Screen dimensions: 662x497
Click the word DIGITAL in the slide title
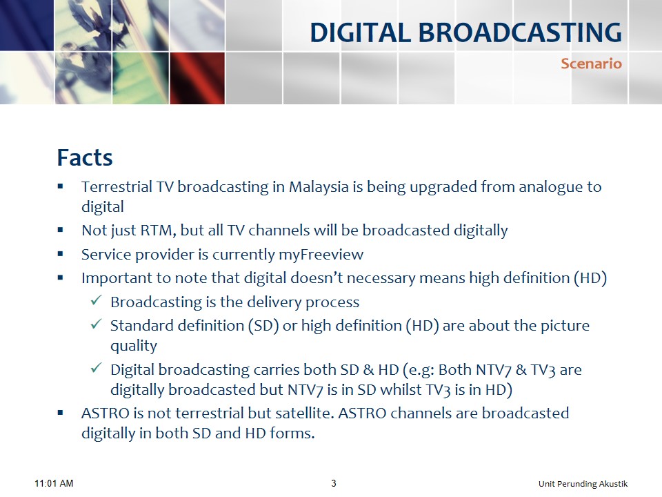click(x=360, y=32)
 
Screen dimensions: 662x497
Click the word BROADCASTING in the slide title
click(x=520, y=32)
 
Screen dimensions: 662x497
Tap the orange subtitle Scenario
click(x=591, y=64)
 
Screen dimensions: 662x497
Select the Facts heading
click(x=85, y=157)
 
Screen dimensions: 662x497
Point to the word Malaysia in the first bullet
click(x=319, y=187)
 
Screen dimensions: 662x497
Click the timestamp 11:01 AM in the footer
click(x=54, y=483)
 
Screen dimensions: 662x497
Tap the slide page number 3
click(x=334, y=483)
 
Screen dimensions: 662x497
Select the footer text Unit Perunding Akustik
click(x=583, y=483)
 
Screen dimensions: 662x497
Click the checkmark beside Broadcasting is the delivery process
click(x=96, y=300)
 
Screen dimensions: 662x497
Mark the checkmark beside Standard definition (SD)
click(x=96, y=324)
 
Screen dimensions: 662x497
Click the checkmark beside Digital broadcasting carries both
click(x=96, y=368)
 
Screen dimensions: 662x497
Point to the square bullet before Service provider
click(x=61, y=254)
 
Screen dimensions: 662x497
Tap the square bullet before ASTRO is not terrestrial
click(x=61, y=413)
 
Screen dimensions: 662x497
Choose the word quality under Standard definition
click(x=133, y=346)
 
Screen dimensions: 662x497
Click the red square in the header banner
click(x=197, y=78)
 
